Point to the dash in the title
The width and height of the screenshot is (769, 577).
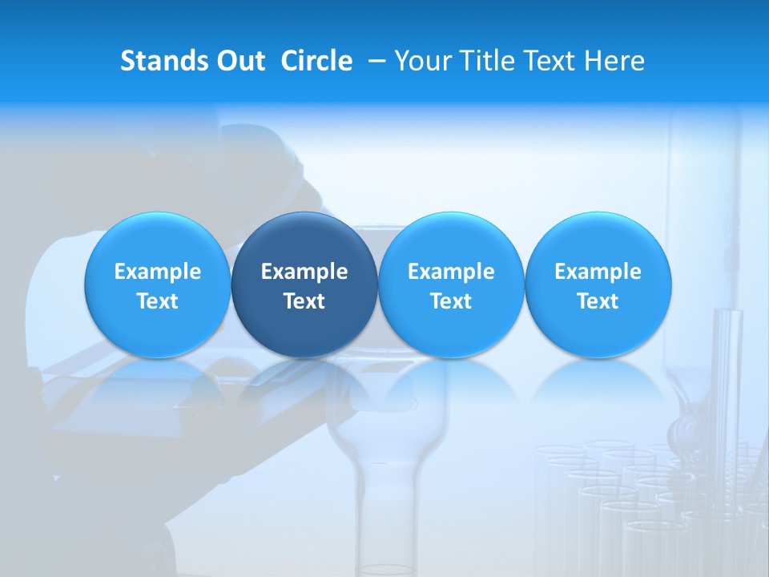click(374, 62)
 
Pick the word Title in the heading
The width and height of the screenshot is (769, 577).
click(483, 61)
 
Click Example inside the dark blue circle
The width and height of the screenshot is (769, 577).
click(304, 272)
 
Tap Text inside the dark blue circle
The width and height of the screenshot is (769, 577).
click(304, 301)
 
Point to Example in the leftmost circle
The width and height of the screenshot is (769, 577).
click(158, 272)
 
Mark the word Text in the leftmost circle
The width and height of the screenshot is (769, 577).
click(158, 301)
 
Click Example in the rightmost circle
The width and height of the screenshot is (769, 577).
click(598, 272)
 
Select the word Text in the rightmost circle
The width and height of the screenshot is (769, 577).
click(598, 301)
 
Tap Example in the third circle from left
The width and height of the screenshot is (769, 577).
click(451, 272)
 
